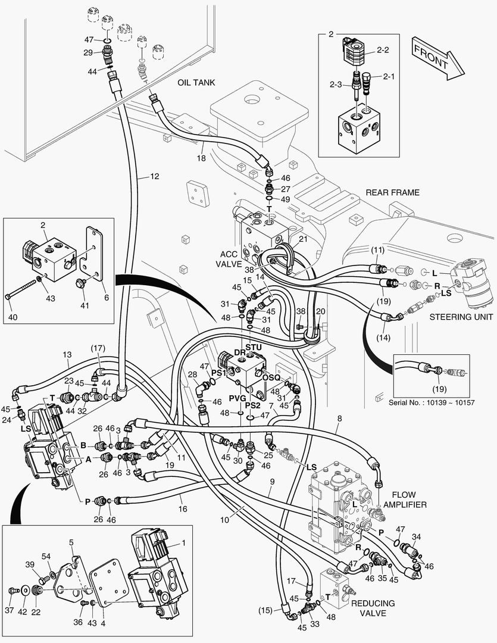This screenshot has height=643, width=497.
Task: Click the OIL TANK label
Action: tap(196, 83)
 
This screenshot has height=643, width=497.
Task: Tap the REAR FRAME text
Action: tap(392, 192)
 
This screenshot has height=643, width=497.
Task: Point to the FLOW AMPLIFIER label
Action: tap(408, 500)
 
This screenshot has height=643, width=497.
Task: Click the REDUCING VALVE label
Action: tap(373, 608)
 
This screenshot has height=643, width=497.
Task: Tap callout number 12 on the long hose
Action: tap(154, 177)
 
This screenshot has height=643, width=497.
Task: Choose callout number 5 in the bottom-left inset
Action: tap(71, 542)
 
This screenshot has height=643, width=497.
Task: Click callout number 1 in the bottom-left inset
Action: tap(183, 544)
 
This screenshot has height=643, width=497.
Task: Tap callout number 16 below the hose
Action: tap(182, 510)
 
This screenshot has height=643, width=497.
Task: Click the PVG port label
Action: tap(237, 398)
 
